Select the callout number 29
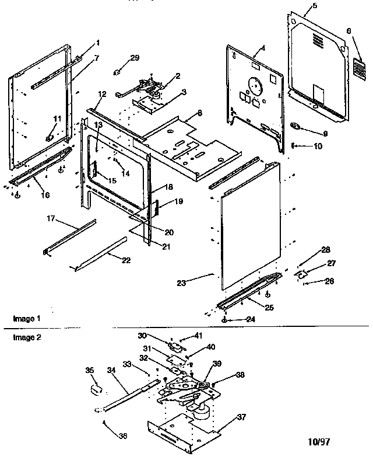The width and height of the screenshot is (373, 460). (x=135, y=57)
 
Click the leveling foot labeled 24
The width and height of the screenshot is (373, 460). (x=224, y=320)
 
